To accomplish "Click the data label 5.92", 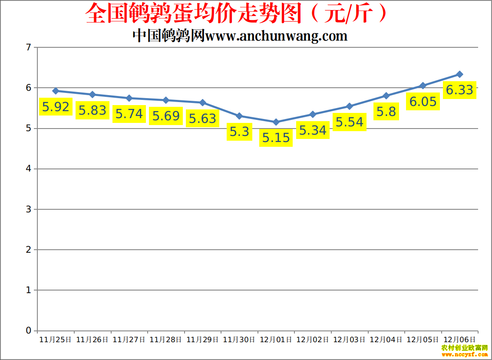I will coord(56,106).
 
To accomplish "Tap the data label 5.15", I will coord(276,138).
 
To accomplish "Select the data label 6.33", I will coord(459,90).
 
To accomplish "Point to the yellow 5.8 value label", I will coord(386,112).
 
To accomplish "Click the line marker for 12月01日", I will coord(276,122).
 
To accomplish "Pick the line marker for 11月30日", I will coord(239,116).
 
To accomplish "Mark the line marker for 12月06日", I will coord(460,74).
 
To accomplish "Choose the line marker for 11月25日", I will coord(56,91).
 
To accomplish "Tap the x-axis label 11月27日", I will coord(129,340).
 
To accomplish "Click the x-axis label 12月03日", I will coord(349,340).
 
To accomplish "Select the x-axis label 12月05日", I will coord(423,340).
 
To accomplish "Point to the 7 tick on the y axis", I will coord(29,47).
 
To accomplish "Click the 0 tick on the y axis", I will coord(29,330).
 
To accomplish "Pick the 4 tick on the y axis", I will coord(29,169).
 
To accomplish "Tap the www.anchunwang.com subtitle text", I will coord(276,36).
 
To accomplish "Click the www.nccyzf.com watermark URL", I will coord(465,354).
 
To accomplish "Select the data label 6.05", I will coord(423,101).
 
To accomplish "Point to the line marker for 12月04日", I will coord(386,96).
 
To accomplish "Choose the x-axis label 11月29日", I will coord(202,340).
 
